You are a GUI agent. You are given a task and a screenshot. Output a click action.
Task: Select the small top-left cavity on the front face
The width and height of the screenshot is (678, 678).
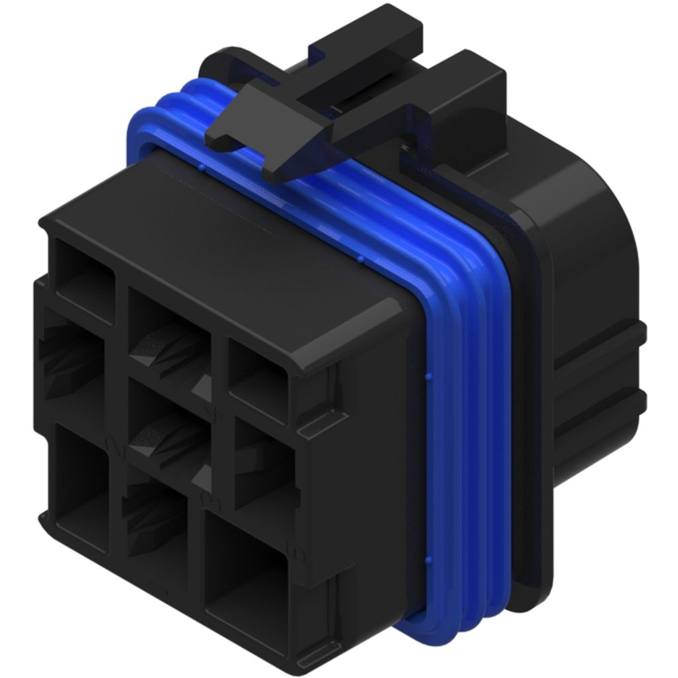85,282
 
